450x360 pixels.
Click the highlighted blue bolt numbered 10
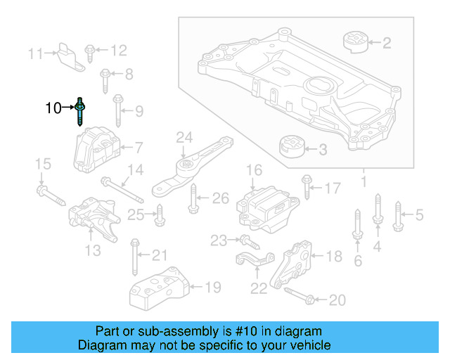tap(82, 111)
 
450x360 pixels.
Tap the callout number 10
tap(53, 108)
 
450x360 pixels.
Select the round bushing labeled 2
tap(355, 41)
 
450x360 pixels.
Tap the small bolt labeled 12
tap(91, 50)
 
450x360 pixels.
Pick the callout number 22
tap(259, 288)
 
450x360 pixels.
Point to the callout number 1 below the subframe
tap(364, 183)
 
